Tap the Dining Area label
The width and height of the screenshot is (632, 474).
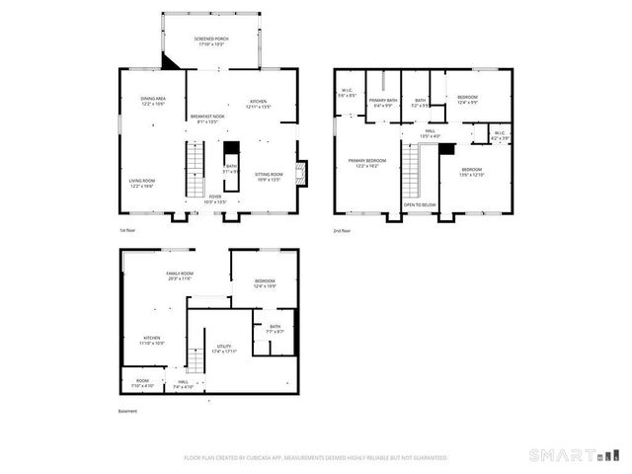[x=152, y=101]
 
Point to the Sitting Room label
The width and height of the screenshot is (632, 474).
[x=269, y=178]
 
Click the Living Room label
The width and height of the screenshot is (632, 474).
[x=144, y=183]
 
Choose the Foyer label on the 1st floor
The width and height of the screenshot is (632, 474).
[x=214, y=198]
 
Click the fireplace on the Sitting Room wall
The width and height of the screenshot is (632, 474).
[x=302, y=175]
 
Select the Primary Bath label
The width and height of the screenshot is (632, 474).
[x=384, y=103]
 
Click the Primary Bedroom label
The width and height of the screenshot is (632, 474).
[x=366, y=162]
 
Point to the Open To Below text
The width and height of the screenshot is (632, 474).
[x=420, y=204]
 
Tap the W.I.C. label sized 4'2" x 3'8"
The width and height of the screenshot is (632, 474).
[x=499, y=135]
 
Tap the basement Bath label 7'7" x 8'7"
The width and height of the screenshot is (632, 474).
[x=275, y=329]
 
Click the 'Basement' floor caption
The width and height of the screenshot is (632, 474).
[x=127, y=411]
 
